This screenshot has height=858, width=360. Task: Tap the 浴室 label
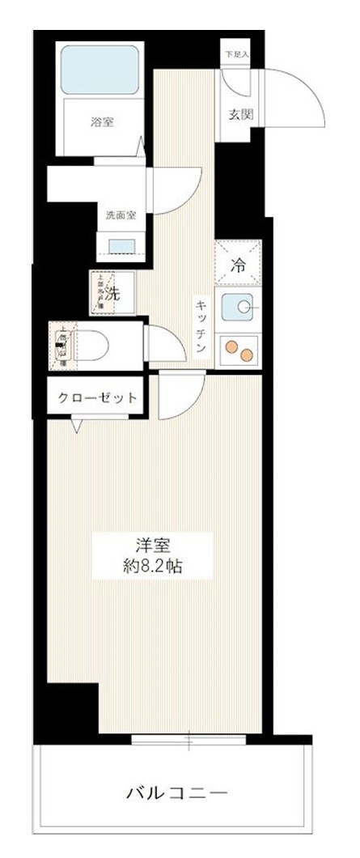tap(101, 124)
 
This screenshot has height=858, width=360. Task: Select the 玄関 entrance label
tap(241, 114)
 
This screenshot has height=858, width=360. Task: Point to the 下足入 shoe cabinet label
tap(237, 54)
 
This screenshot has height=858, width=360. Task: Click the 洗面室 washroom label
tap(121, 215)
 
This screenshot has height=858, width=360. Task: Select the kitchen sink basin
tap(239, 308)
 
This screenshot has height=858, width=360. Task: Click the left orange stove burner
tap(231, 347)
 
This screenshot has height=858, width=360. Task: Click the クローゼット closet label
tap(96, 398)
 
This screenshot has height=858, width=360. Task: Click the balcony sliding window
tap(188, 739)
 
